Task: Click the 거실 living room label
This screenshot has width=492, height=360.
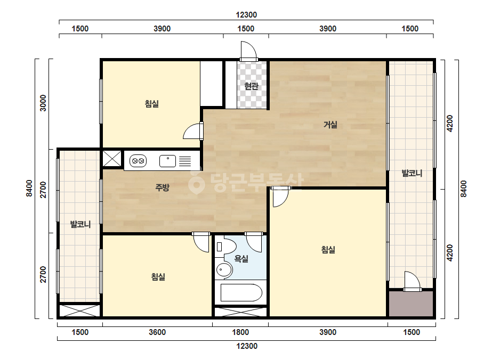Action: (330, 125)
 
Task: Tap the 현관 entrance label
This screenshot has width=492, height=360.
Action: (252, 86)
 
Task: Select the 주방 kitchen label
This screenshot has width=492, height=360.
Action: (162, 187)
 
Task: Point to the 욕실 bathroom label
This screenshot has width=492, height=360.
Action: (241, 259)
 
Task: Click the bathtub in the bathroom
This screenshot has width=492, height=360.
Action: (241, 293)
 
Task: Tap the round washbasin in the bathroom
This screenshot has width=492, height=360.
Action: (224, 269)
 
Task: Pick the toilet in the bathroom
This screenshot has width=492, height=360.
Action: (226, 247)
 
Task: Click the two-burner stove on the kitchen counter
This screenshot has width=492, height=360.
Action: (138, 161)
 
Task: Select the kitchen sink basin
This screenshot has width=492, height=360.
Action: (167, 161)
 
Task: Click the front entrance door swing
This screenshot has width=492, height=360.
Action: (248, 50)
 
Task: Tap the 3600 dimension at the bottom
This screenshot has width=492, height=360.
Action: (157, 332)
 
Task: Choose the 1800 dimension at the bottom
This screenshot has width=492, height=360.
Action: (240, 332)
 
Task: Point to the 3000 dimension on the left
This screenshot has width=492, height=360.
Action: (43, 103)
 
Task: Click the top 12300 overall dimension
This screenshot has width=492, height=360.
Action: (246, 15)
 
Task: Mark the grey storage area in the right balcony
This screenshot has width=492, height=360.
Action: (411, 304)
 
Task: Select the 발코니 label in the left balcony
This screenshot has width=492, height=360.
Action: (80, 224)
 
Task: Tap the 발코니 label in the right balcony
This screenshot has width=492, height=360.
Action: (412, 173)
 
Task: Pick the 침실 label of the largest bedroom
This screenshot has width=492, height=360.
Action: (328, 250)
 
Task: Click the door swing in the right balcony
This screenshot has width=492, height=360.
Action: (412, 281)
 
